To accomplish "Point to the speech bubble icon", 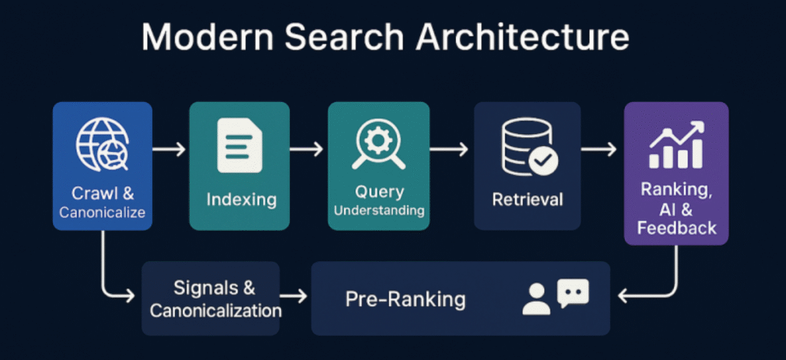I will point(573,291).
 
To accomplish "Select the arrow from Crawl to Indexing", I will point(170,148).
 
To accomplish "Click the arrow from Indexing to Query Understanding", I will point(309,148).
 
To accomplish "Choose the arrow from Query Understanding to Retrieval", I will point(453,148).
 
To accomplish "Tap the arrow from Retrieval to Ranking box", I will point(599,148).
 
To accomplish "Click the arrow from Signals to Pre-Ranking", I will point(295,295).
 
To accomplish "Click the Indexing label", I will point(241,200).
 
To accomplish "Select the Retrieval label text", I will point(527,200).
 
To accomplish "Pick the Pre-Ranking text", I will point(405,298).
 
